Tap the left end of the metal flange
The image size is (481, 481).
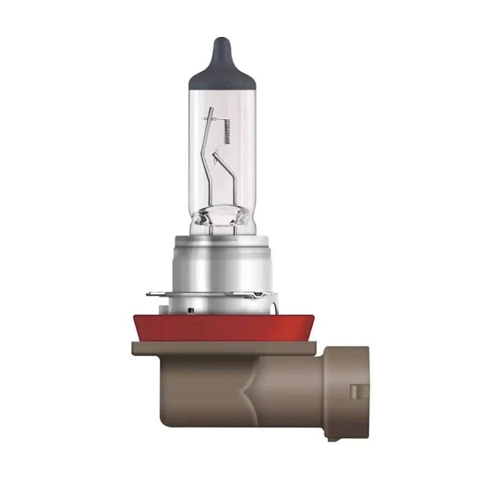pos(150,295)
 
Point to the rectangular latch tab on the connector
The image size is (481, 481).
pos(360,391)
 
